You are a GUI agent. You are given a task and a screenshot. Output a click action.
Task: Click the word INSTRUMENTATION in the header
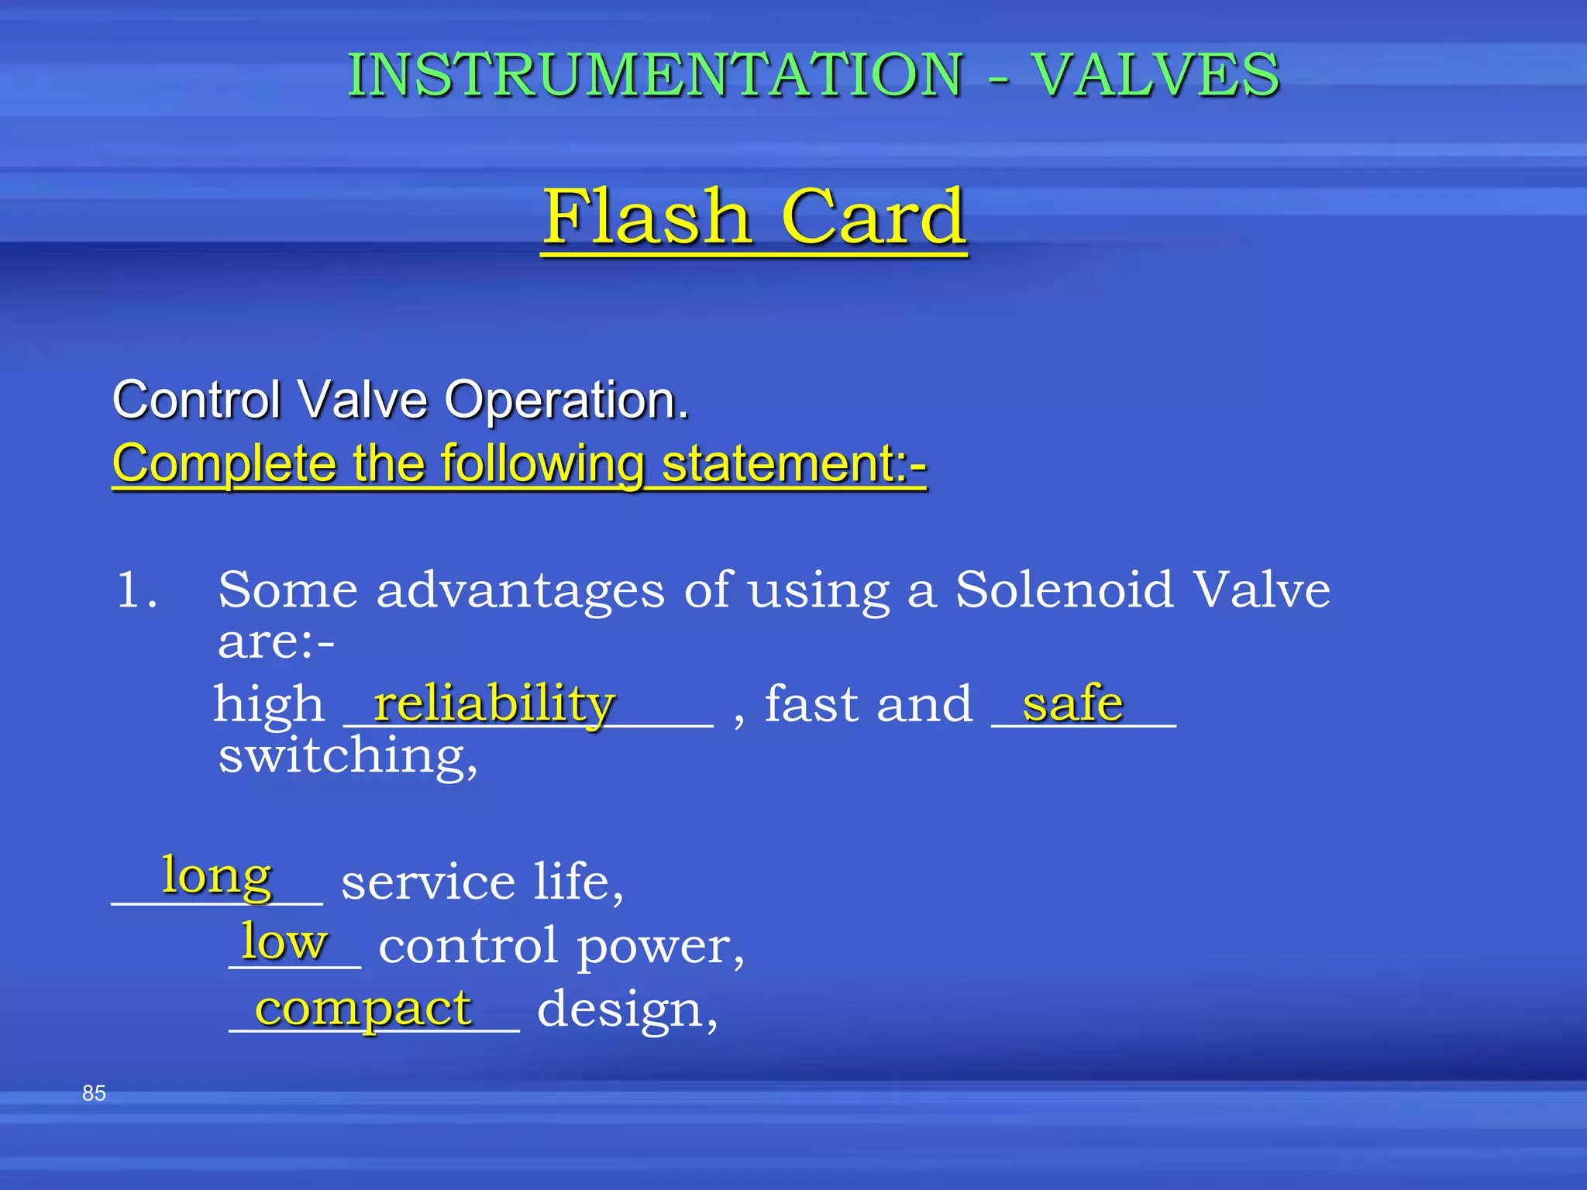(x=655, y=75)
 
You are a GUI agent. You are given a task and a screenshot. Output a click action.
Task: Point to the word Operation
(x=566, y=401)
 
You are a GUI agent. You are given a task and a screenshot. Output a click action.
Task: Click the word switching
(x=346, y=756)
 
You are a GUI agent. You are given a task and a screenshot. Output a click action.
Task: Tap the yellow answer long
(x=217, y=877)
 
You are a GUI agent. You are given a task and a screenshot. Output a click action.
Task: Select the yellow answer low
(x=284, y=942)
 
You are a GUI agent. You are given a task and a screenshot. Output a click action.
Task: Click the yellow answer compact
(x=363, y=1009)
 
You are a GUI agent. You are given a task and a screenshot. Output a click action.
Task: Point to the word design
(x=627, y=1010)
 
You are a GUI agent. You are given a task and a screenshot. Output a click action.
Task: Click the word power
(x=659, y=947)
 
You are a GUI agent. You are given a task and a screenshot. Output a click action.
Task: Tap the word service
(x=428, y=882)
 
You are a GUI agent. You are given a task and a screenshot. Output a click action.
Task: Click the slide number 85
(x=94, y=1093)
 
